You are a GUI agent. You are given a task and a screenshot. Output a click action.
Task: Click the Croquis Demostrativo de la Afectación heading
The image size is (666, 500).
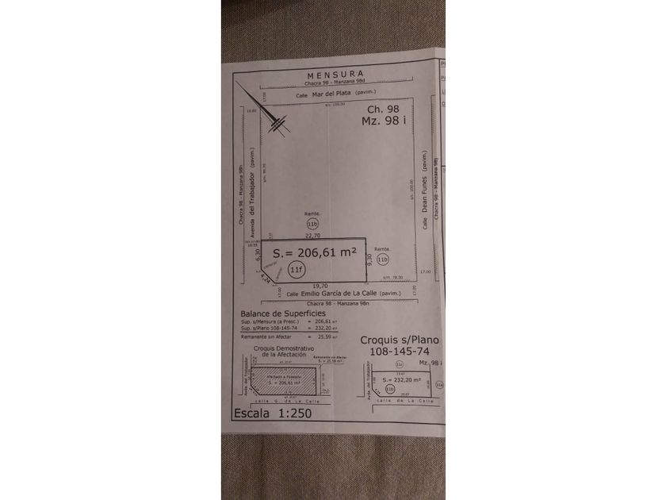click(284, 352)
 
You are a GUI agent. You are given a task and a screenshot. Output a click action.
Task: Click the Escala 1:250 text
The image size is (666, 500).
click(273, 413)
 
